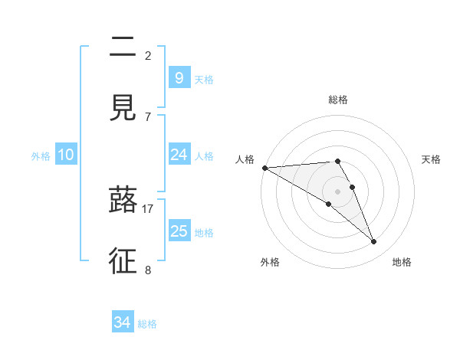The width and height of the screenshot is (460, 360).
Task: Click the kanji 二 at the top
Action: (x=123, y=47)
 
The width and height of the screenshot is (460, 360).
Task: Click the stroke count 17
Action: (x=148, y=208)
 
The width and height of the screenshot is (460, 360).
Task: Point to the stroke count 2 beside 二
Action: (x=148, y=55)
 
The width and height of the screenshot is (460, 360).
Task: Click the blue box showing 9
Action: (x=179, y=77)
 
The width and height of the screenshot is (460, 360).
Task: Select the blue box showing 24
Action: (x=179, y=155)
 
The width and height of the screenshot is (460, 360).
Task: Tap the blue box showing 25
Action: (x=179, y=231)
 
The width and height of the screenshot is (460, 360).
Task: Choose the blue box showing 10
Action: (x=66, y=155)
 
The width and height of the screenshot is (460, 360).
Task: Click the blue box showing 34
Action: (x=122, y=322)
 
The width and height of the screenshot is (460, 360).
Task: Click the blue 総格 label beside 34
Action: (x=147, y=324)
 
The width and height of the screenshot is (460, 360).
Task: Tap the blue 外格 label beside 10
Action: (x=41, y=156)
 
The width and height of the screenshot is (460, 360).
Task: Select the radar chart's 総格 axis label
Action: (x=338, y=100)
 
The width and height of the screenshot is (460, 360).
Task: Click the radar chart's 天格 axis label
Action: (x=432, y=159)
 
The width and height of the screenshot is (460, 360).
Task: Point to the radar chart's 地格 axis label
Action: (x=402, y=262)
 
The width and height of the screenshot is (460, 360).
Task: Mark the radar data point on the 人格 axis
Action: (x=264, y=168)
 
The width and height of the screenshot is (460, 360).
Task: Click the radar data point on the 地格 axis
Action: (x=374, y=242)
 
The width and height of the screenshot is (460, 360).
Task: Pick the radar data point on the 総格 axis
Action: (x=338, y=161)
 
